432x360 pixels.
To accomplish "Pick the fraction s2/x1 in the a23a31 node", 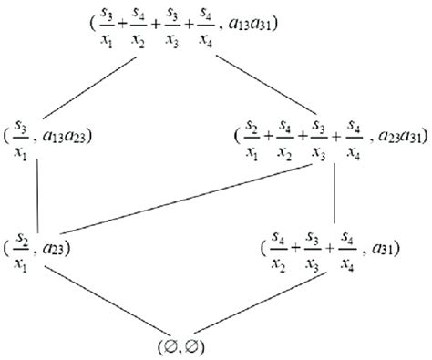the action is pyautogui.click(x=249, y=137).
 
